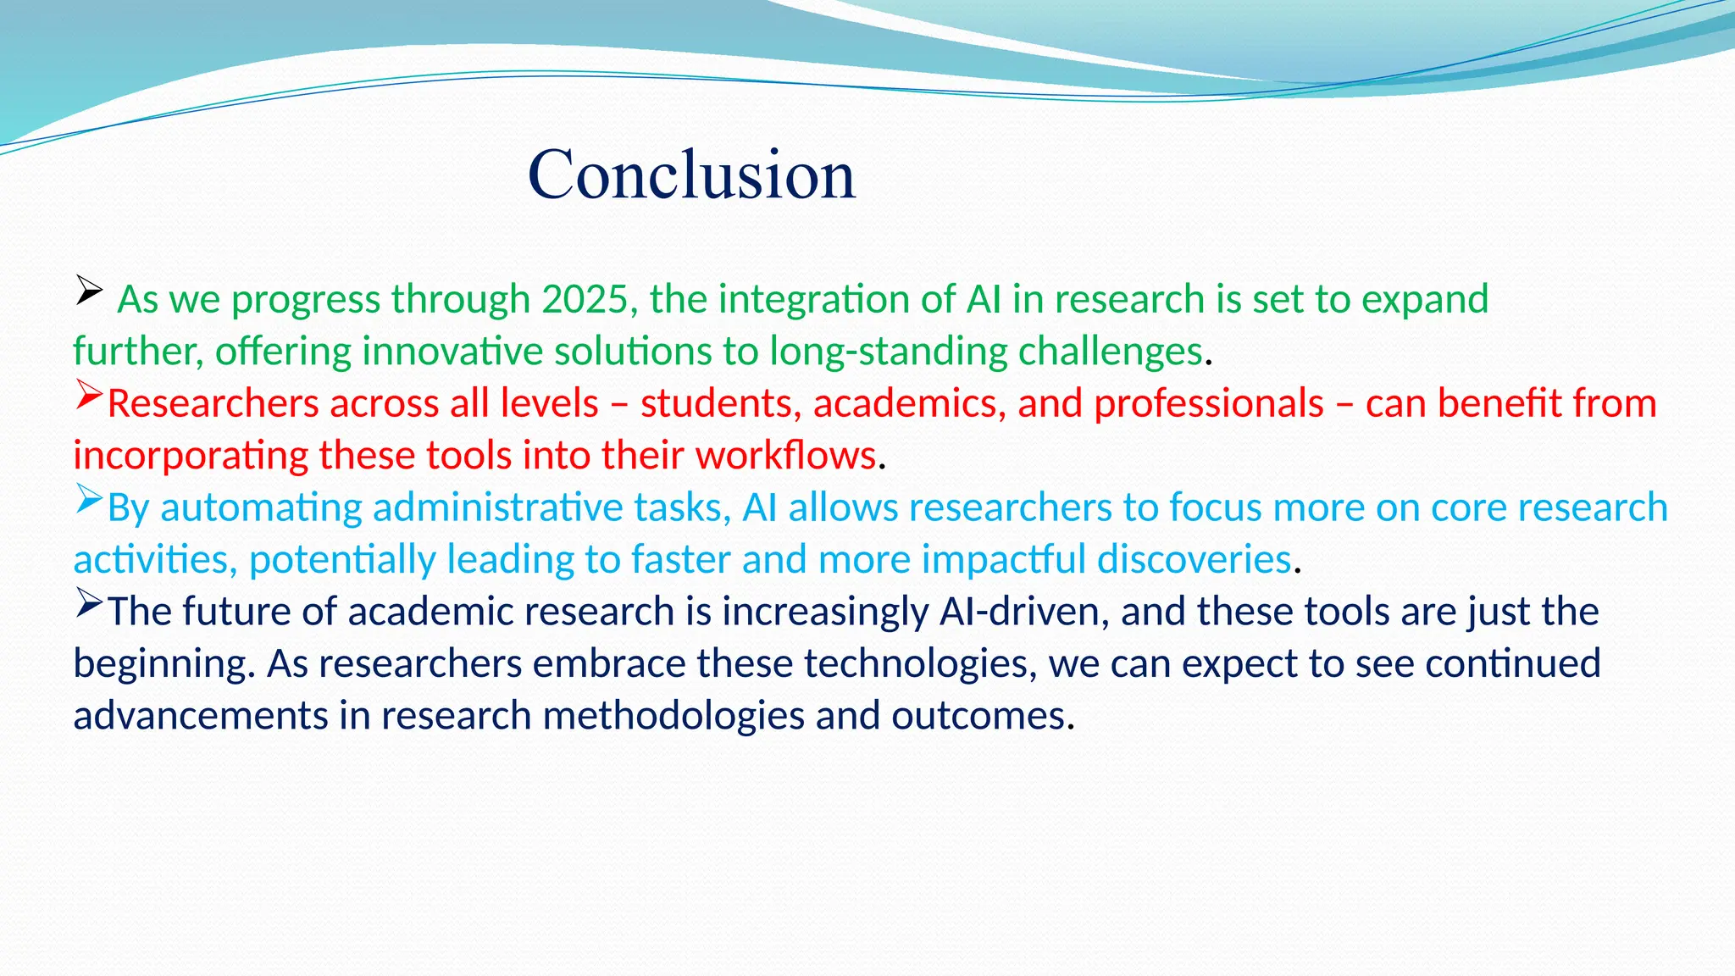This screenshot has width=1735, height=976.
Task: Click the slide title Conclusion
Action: [x=691, y=175]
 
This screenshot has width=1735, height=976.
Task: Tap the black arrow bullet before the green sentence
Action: [x=88, y=290]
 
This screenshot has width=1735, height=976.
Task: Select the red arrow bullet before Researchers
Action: [x=88, y=394]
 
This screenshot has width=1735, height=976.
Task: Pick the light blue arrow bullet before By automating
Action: [x=88, y=498]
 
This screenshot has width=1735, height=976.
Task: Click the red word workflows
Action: [x=785, y=457]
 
